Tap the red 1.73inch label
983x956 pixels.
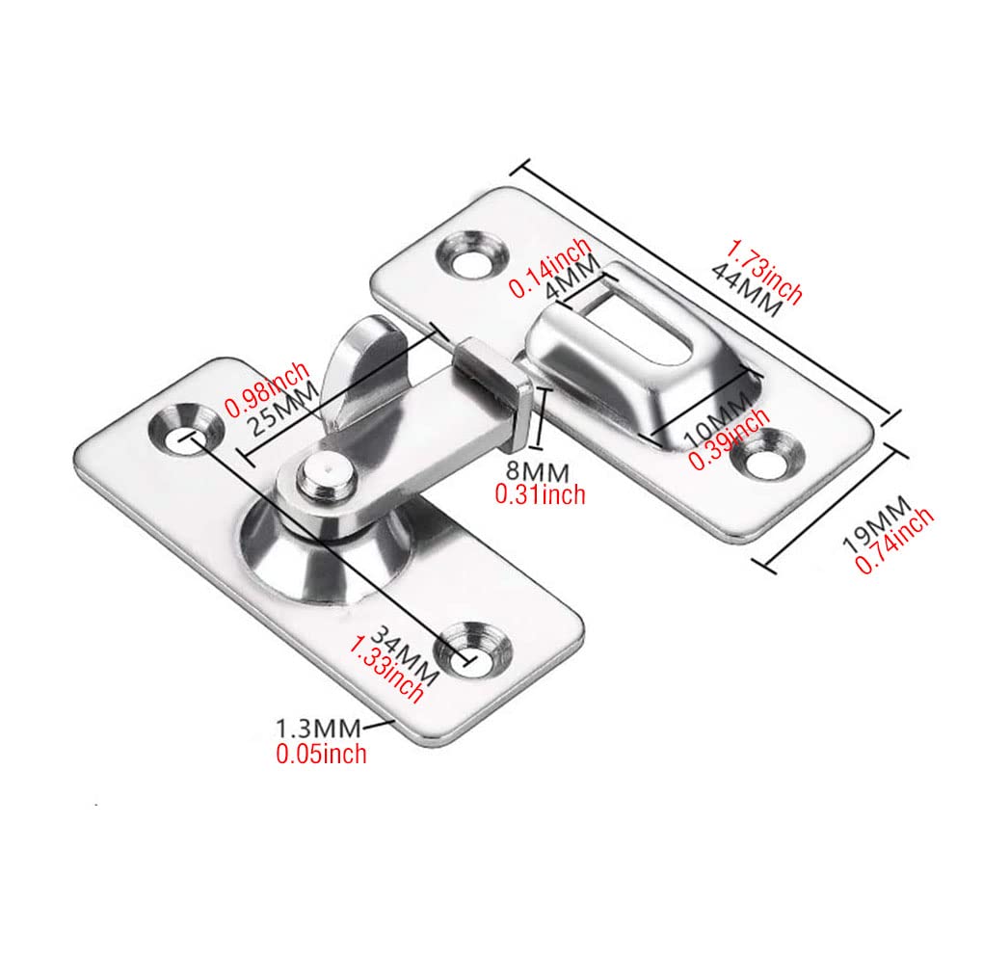point(764,273)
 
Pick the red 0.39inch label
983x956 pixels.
point(729,438)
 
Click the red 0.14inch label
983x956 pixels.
point(551,267)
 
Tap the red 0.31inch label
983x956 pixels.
point(540,494)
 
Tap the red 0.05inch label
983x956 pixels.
point(321,754)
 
